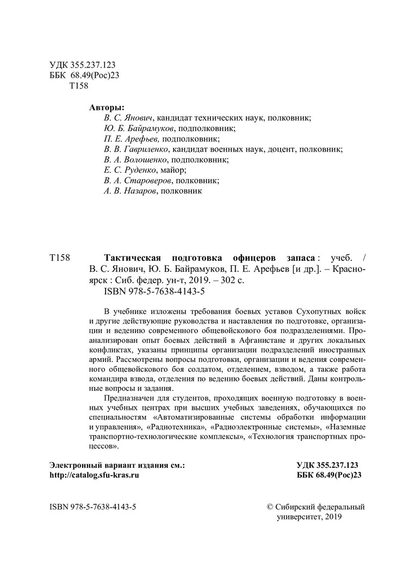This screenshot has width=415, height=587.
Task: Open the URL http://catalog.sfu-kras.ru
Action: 94,475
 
